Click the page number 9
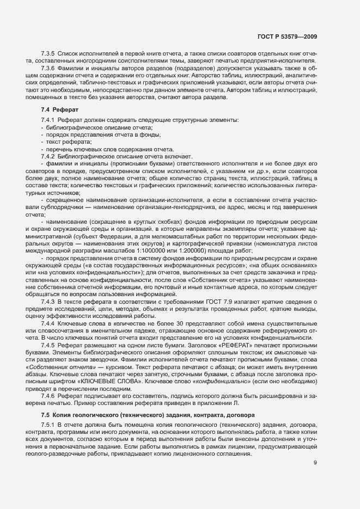click(315, 463)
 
